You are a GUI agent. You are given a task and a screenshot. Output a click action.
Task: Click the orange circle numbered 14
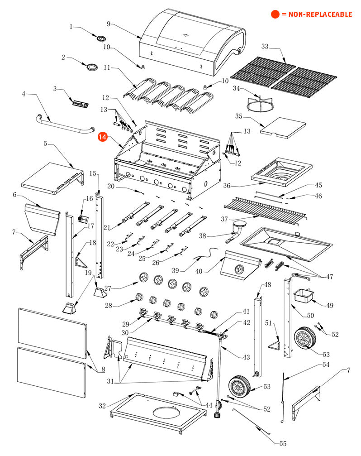point(103,137)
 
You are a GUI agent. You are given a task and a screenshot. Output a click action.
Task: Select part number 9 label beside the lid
point(109,24)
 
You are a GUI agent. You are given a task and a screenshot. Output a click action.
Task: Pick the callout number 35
point(239,116)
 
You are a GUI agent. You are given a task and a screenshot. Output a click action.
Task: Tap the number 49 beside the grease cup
point(330,305)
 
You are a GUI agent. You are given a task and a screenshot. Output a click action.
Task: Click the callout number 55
point(283,443)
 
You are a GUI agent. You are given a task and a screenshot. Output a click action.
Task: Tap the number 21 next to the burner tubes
point(107,227)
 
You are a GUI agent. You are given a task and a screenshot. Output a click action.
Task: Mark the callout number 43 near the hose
point(246,357)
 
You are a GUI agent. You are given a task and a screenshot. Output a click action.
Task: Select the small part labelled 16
point(83,218)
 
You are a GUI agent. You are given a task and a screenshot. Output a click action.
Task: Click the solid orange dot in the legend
point(275,14)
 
